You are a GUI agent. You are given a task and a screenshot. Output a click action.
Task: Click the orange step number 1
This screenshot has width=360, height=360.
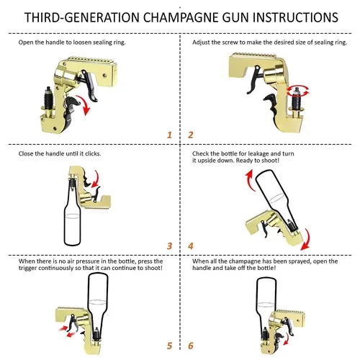pos(169,135)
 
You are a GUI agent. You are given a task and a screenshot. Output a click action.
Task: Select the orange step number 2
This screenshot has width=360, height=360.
pos(191,135)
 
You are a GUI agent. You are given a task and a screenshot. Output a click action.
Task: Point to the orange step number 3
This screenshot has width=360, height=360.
pos(169,246)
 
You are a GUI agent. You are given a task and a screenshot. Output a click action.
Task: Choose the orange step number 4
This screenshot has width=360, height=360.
pos(191,246)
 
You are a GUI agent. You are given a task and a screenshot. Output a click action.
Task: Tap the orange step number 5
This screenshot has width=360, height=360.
pos(169,346)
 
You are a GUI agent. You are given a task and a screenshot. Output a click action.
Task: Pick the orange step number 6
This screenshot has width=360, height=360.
pos(191,346)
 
